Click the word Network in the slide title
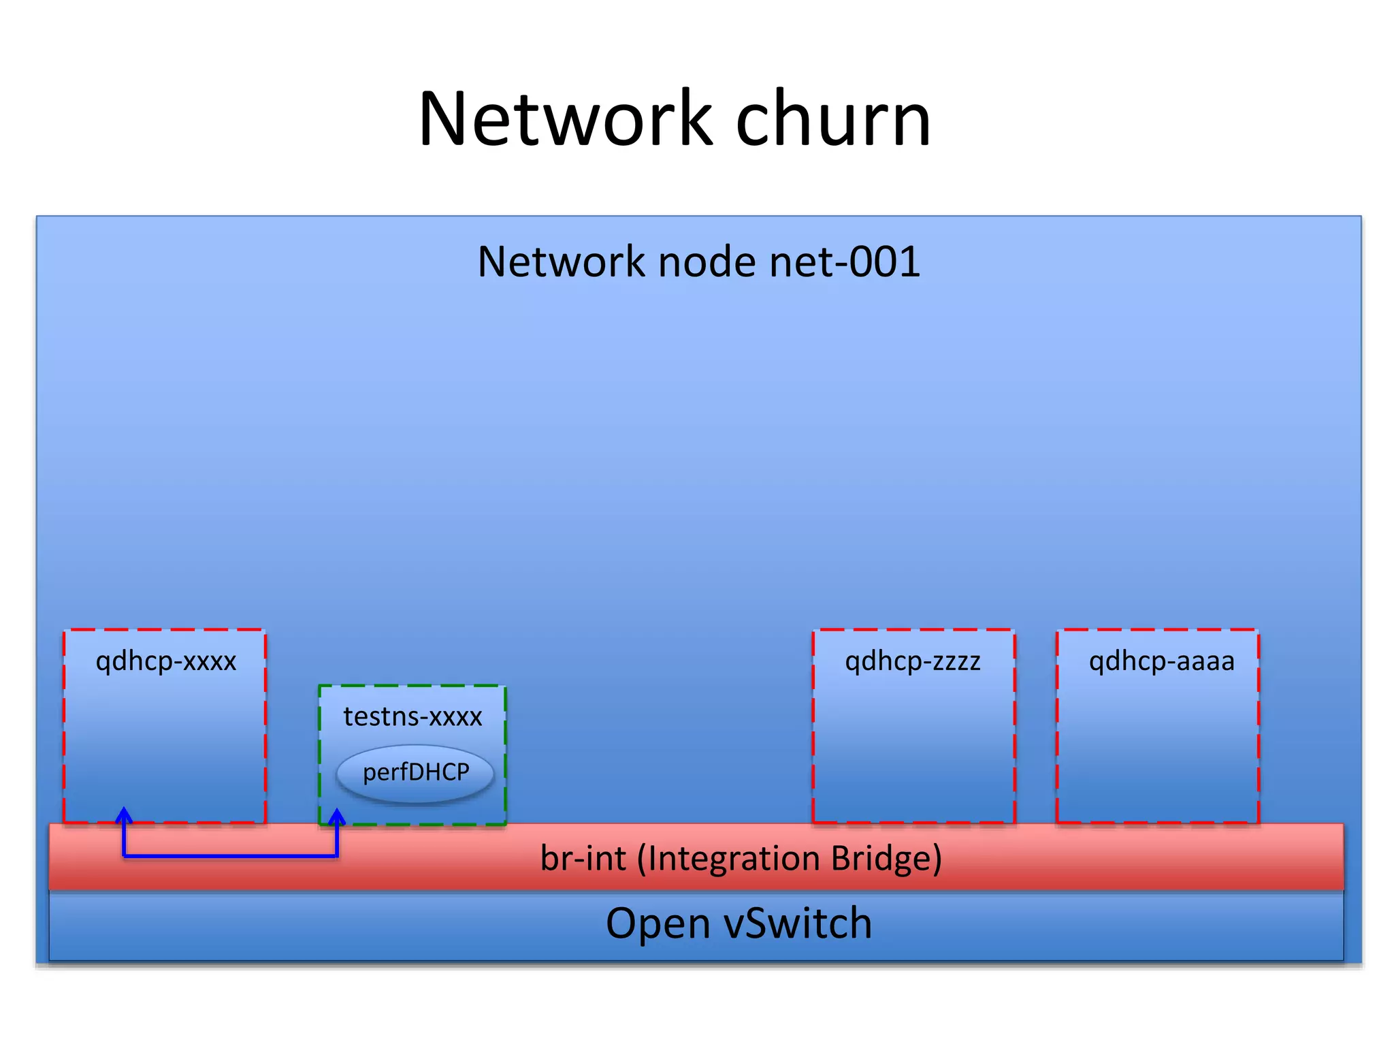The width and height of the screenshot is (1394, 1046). [x=565, y=120]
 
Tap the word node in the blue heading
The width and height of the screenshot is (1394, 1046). [x=707, y=262]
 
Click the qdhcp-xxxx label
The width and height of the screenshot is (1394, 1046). [x=165, y=661]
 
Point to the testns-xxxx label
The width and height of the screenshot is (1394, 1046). [x=412, y=717]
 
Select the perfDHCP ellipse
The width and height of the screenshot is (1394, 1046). [x=415, y=773]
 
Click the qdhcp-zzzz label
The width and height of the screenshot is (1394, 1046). [x=913, y=661]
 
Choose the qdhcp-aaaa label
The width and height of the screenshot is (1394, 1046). [x=1161, y=661]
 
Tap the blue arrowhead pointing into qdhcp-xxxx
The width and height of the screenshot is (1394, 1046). [x=124, y=814]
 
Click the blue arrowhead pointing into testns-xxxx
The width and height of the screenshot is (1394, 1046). [x=337, y=816]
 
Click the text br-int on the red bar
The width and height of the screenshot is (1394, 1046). [x=583, y=858]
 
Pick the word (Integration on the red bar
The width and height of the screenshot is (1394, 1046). [x=730, y=858]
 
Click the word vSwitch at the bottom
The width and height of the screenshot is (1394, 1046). [x=797, y=924]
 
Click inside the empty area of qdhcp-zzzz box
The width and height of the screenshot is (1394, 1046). [x=913, y=749]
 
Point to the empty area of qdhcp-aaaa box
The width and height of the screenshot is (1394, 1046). [x=1157, y=749]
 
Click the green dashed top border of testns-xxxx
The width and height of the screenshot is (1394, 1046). [x=412, y=686]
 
